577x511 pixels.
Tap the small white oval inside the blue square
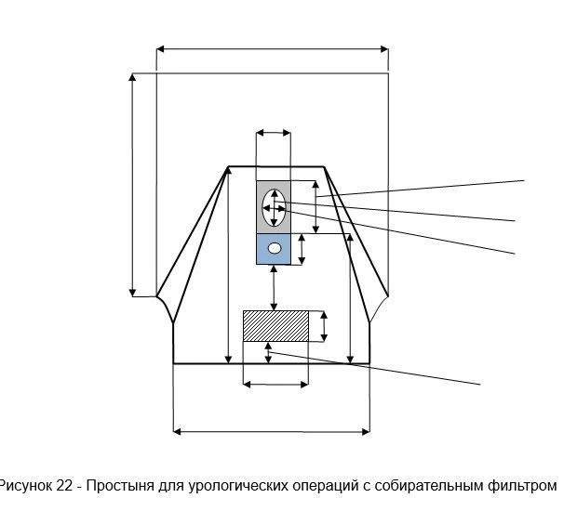274,248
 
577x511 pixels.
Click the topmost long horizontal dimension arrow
272,48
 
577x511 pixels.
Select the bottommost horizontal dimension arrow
272,430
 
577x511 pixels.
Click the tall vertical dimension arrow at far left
133,184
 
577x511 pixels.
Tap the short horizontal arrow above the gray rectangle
274,134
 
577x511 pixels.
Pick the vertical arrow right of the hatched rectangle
324,326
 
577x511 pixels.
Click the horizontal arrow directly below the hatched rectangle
275,383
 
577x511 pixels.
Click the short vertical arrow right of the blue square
302,249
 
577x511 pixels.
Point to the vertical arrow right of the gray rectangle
315,206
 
